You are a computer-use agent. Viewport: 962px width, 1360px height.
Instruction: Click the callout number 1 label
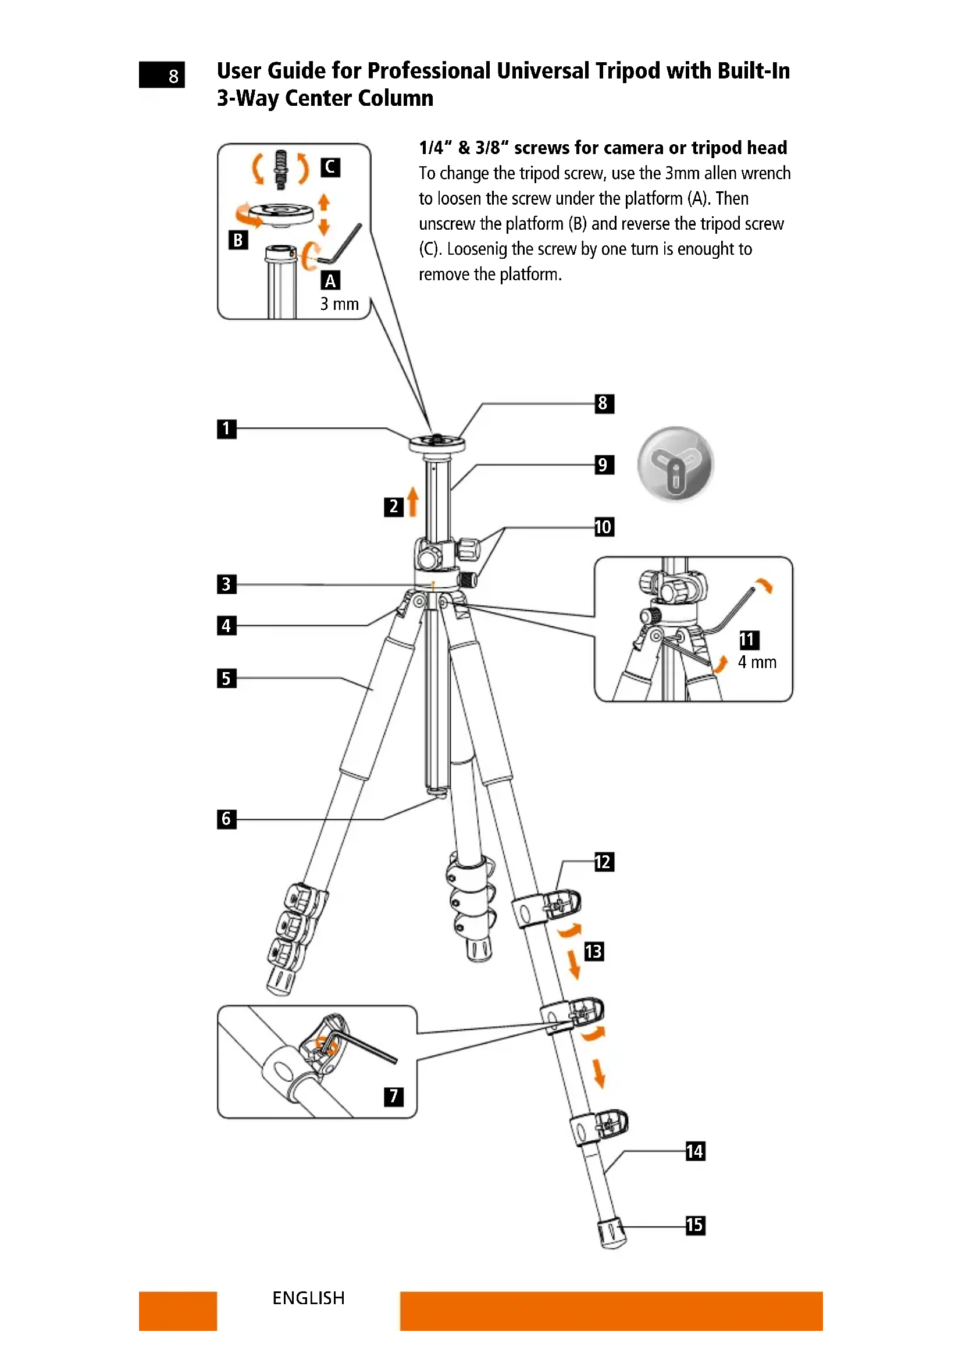226,429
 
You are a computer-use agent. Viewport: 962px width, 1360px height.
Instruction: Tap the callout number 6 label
226,819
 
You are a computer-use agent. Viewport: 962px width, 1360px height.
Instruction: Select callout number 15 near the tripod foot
695,1225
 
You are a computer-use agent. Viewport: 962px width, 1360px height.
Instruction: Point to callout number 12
604,862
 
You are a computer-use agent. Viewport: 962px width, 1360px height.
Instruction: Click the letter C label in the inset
330,167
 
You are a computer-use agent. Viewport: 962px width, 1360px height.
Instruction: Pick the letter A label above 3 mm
330,281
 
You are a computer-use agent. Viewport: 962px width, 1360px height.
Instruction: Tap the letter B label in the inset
238,240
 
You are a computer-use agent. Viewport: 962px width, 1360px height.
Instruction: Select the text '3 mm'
340,304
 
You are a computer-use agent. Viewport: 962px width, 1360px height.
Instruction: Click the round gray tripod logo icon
675,464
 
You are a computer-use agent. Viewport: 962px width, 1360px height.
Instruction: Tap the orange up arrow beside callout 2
413,501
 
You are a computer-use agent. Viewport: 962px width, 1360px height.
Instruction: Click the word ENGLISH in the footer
308,1298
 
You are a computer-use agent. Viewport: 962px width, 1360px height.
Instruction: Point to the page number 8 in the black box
173,76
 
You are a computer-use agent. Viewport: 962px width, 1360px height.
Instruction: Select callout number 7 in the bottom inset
393,1097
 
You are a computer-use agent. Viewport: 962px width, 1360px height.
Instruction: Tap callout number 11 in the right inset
749,640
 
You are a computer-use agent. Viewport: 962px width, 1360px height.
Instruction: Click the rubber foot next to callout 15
611,1233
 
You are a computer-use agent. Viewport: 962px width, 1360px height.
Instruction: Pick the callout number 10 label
604,527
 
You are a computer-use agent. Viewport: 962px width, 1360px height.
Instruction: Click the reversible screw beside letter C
282,169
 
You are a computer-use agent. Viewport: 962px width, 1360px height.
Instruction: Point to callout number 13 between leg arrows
594,951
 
